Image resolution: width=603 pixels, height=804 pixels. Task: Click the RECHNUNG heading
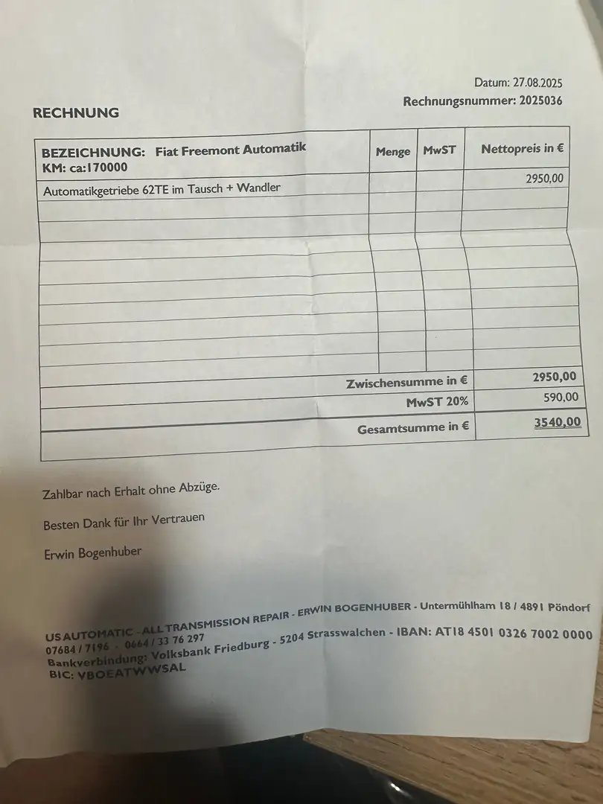(x=76, y=113)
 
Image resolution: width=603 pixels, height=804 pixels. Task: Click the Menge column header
(x=393, y=152)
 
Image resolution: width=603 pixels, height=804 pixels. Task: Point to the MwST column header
(x=439, y=150)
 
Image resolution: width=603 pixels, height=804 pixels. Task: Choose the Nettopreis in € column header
(x=522, y=149)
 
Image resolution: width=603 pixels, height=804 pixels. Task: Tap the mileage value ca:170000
(x=93, y=167)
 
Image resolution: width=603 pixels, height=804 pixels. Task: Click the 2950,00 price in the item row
(x=544, y=179)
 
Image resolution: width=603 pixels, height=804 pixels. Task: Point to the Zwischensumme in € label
(x=406, y=383)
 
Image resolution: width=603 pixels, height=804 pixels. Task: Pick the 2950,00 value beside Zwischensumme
(x=555, y=378)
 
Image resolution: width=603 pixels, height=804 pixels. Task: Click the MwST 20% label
(x=436, y=403)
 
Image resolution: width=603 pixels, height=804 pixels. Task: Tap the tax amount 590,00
(x=561, y=398)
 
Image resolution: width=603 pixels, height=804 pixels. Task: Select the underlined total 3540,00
(x=557, y=423)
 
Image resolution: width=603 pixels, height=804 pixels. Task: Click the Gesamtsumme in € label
(x=412, y=428)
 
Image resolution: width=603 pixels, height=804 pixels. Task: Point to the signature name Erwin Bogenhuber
(x=92, y=552)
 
